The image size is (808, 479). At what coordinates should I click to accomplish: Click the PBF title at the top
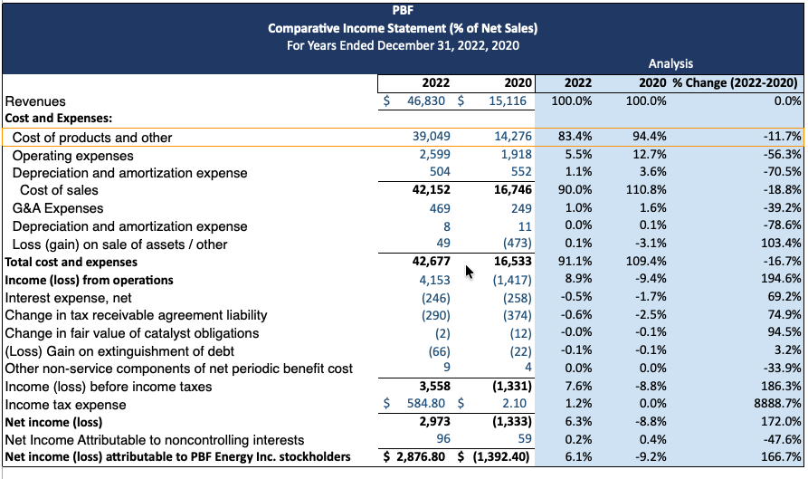pos(404,11)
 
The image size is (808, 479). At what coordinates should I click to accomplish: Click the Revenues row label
pos(35,101)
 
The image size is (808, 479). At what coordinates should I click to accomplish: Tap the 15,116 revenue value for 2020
pos(507,101)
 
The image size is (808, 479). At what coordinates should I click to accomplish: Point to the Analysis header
pos(670,63)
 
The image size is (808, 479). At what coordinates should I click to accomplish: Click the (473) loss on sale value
pos(517,244)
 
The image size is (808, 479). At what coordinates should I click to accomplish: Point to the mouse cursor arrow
pos(468,271)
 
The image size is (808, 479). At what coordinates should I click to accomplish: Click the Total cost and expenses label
pos(71,262)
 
